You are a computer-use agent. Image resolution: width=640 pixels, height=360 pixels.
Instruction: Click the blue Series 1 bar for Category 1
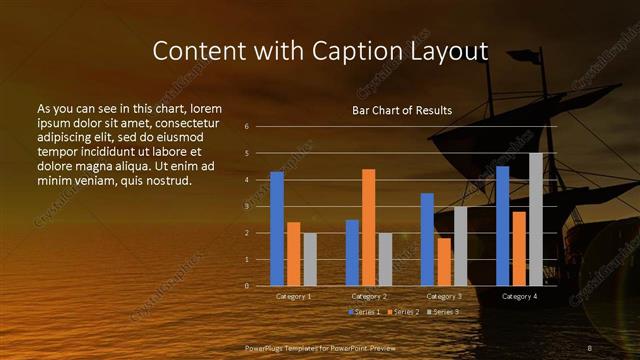coord(277,229)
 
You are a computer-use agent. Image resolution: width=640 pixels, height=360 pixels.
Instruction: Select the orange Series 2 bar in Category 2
coord(368,228)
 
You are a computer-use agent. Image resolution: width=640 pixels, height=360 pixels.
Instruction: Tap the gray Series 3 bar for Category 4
coord(535,220)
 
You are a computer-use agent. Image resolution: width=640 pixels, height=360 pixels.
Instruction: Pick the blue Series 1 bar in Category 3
coord(427,240)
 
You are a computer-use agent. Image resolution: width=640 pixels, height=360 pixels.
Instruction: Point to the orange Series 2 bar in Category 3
coord(444,262)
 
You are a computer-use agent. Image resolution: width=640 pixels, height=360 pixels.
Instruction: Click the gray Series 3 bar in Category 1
coord(310,260)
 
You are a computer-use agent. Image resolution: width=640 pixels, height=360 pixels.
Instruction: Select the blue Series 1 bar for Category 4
coord(502,226)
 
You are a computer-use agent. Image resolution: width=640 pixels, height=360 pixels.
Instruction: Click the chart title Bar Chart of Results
coord(402,110)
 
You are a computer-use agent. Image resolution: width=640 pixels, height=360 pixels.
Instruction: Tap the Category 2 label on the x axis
coord(369,297)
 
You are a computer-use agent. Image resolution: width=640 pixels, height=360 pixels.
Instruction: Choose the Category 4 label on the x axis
coord(519,297)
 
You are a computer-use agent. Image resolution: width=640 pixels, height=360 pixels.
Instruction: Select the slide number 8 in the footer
coord(590,347)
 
